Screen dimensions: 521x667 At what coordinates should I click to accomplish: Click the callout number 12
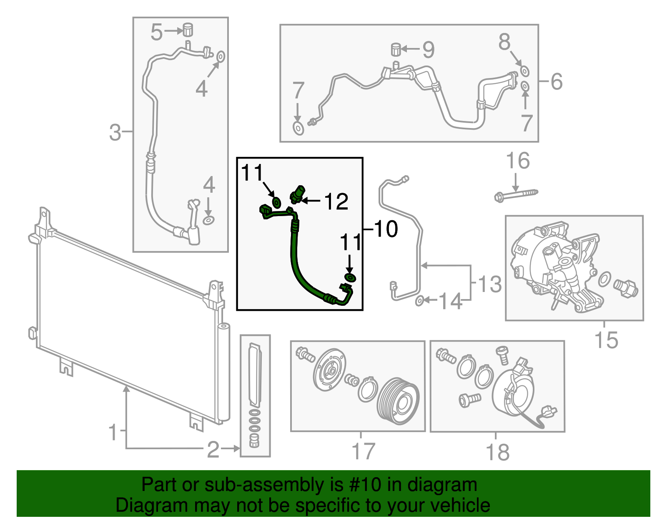(x=336, y=202)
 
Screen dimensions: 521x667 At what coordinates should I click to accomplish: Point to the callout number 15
(x=606, y=340)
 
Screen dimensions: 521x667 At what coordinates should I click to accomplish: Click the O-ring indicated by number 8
(x=524, y=71)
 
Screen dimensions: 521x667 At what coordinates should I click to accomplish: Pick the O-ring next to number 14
(x=420, y=300)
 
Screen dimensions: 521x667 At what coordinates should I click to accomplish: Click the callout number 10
(x=386, y=229)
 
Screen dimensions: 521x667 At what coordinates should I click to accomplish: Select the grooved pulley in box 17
(x=398, y=401)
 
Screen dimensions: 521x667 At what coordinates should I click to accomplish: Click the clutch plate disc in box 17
(x=330, y=370)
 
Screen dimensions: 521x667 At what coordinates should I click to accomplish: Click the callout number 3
(x=115, y=132)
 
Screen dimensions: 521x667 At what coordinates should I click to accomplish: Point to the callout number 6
(x=557, y=81)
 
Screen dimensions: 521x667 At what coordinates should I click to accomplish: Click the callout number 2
(x=213, y=450)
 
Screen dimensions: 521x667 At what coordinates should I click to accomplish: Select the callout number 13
(x=489, y=284)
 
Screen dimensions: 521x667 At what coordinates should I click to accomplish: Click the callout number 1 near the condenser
(x=113, y=432)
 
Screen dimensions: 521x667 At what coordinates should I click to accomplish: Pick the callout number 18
(x=497, y=452)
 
